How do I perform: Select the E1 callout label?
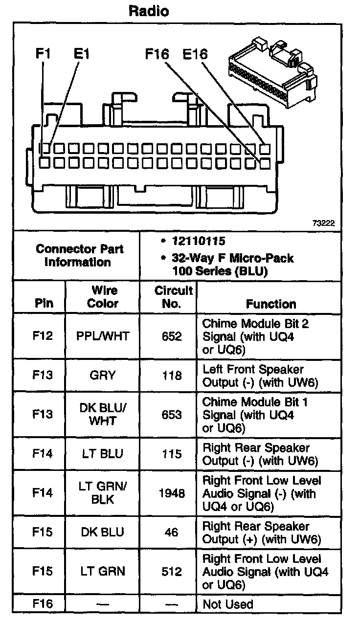click(x=82, y=53)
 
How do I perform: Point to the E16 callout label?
click(x=195, y=53)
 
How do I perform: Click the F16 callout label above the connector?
click(x=157, y=53)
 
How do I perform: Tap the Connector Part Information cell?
click(x=79, y=255)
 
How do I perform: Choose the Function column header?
click(x=271, y=304)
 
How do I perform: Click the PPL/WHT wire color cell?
click(x=103, y=336)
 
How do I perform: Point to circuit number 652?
click(x=171, y=336)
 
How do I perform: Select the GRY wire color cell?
click(x=103, y=376)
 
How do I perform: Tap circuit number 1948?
click(x=171, y=493)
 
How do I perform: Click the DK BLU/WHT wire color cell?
click(x=103, y=415)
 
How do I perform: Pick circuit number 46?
click(x=171, y=532)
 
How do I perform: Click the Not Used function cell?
click(x=228, y=604)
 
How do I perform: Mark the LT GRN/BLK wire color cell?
click(x=103, y=493)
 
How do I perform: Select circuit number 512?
click(x=171, y=571)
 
